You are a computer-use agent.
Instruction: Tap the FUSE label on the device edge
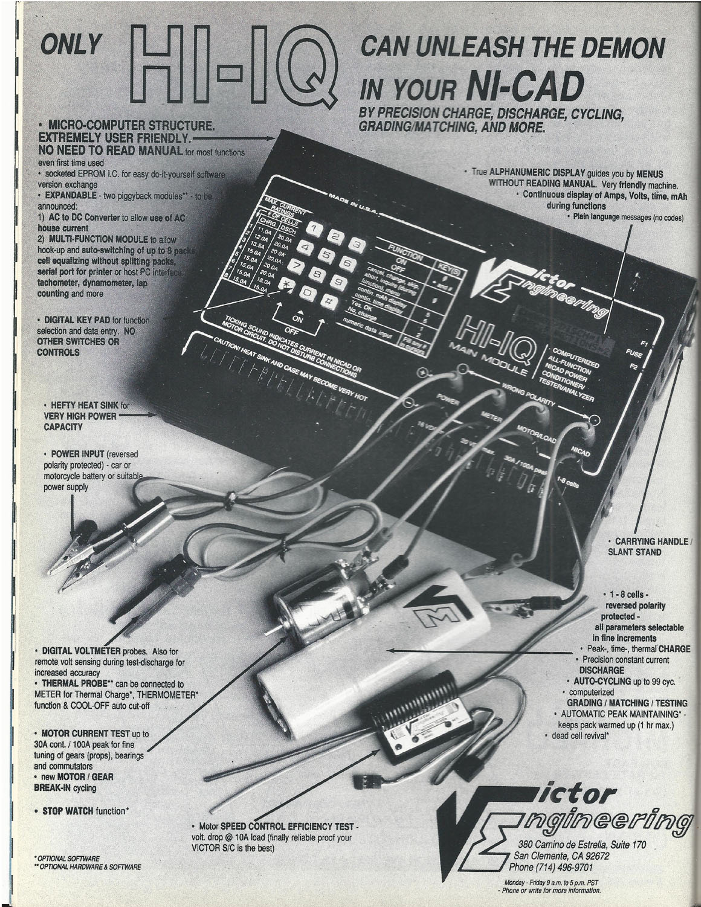pyautogui.click(x=634, y=353)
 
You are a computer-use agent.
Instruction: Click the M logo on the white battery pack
pyautogui.click(x=428, y=620)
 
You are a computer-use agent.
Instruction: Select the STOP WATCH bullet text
pyautogui.click(x=66, y=809)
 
